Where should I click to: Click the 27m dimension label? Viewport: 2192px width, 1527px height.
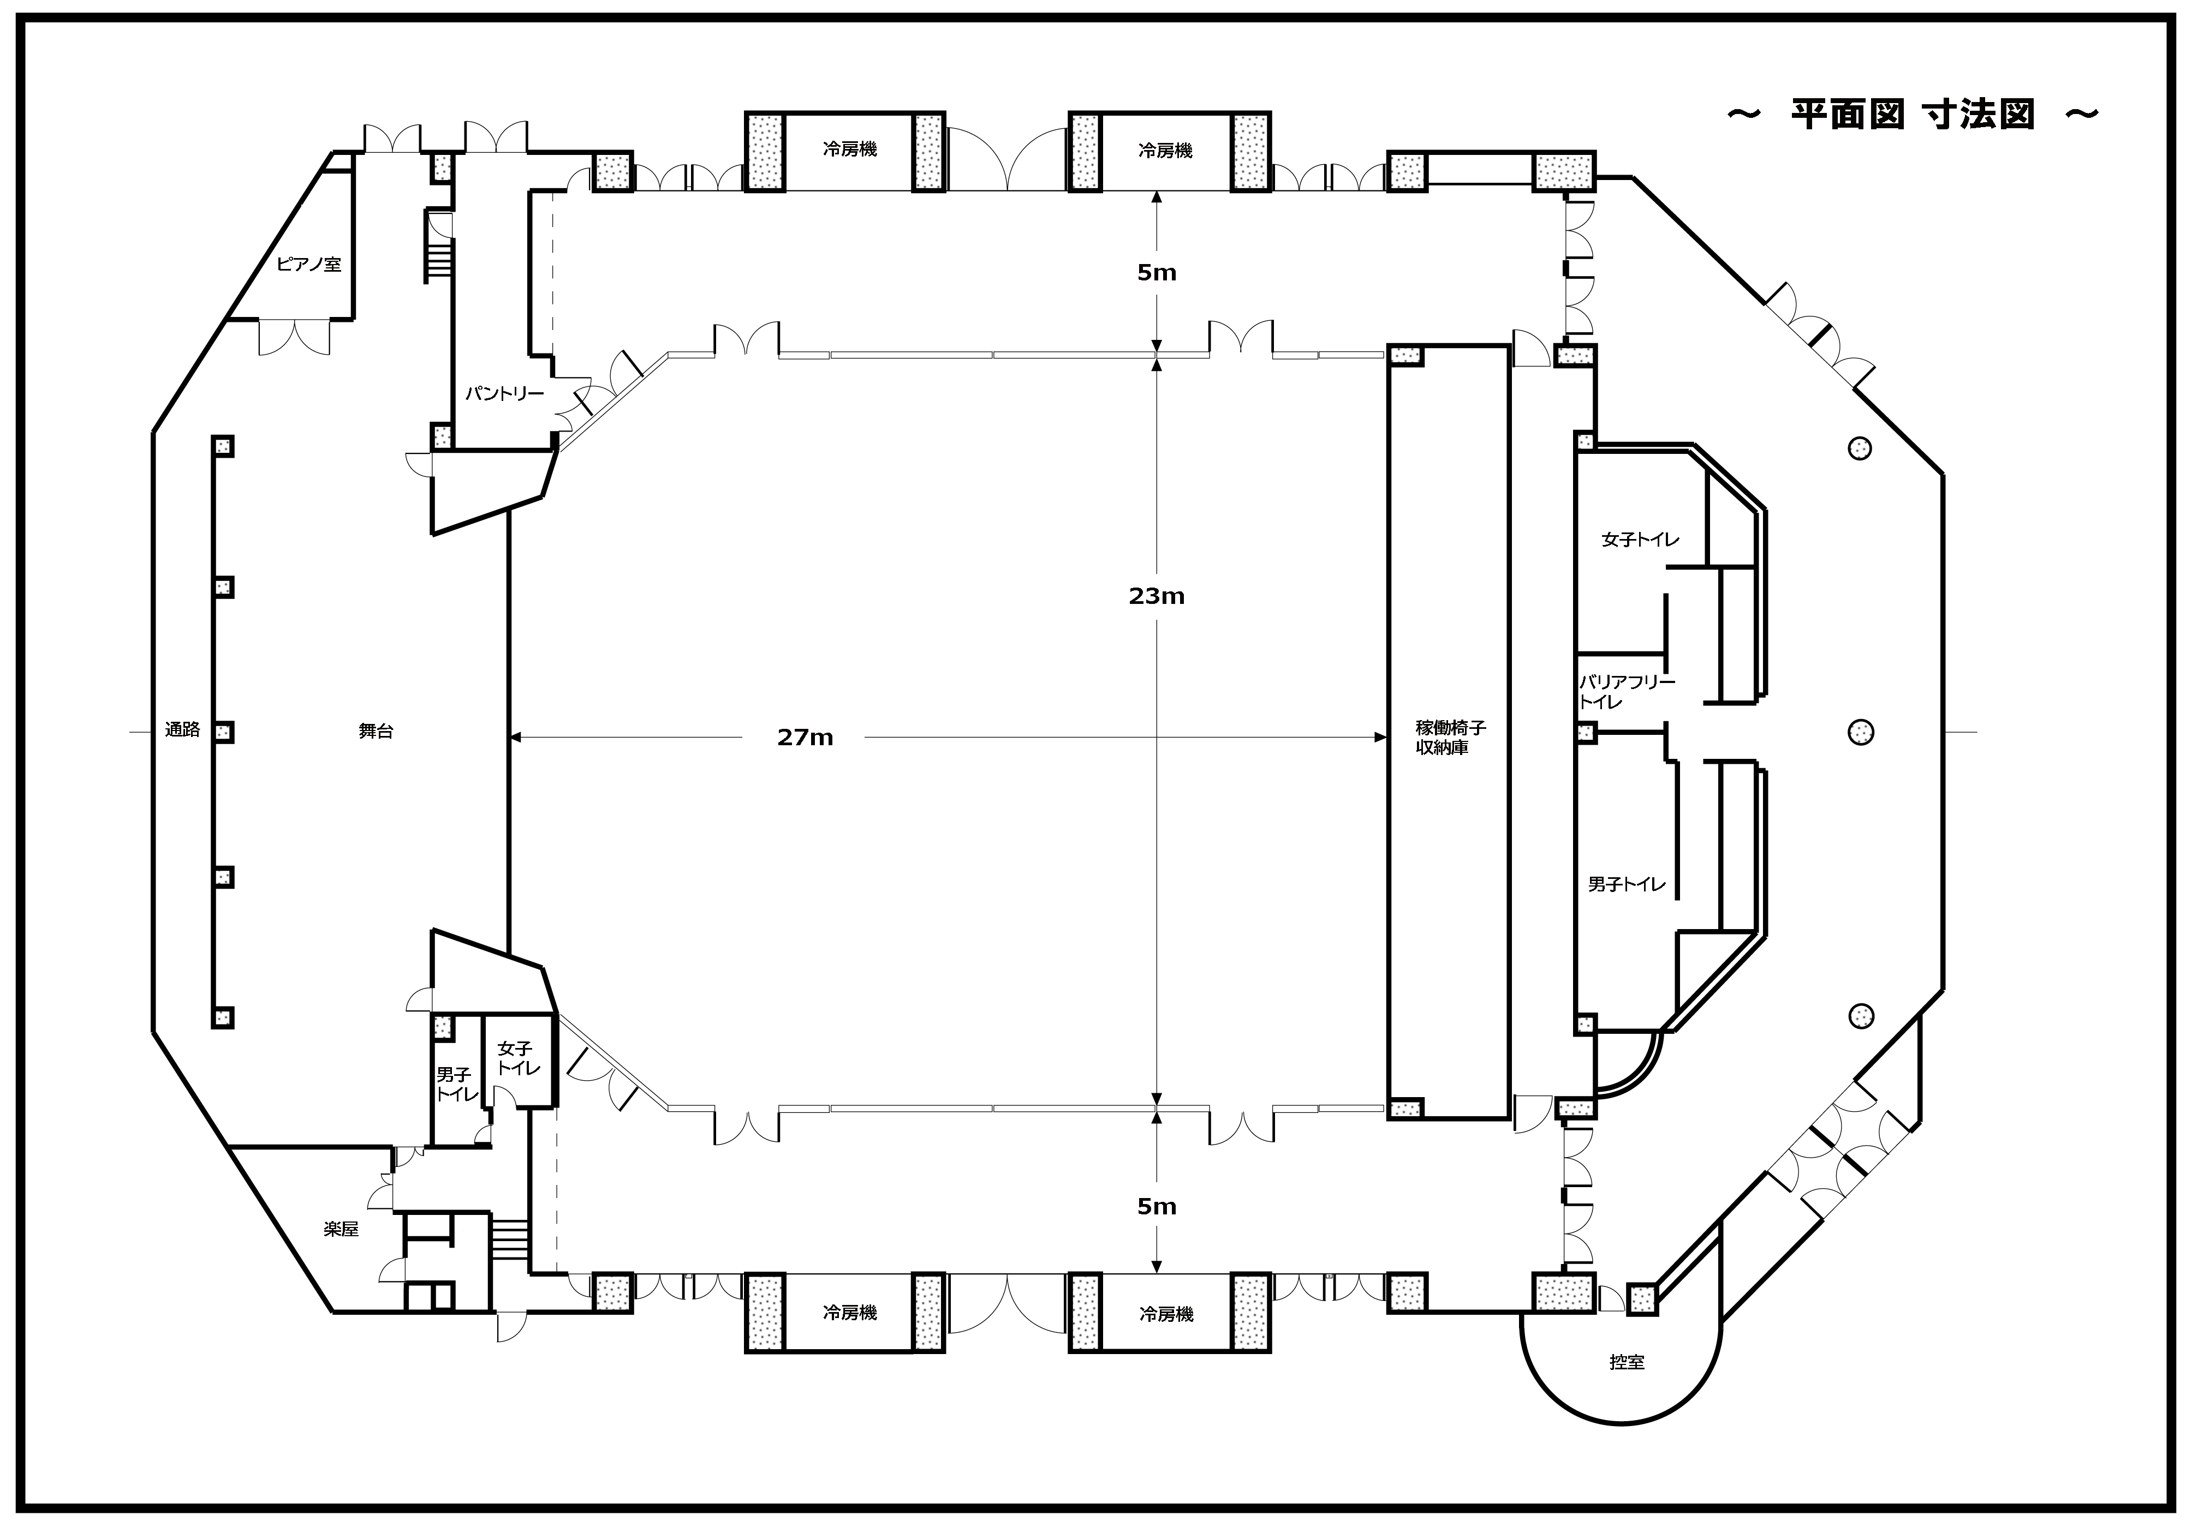[805, 738]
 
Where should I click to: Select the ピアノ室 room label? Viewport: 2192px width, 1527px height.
[308, 265]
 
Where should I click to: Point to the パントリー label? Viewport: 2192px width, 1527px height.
[504, 393]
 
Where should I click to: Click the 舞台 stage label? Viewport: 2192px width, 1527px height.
[376, 732]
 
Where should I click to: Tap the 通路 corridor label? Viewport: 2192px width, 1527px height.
[182, 730]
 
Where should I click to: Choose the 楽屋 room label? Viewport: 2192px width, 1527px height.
[341, 1229]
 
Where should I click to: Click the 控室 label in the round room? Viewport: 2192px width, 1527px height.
[1627, 1363]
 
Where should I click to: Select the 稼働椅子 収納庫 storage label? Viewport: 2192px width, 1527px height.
[1450, 738]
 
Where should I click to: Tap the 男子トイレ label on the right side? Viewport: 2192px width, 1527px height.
[1627, 885]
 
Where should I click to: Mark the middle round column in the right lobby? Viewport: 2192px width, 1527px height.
[1861, 732]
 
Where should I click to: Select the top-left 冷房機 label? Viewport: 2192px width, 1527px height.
[850, 150]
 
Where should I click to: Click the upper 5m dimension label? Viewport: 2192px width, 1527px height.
[1156, 273]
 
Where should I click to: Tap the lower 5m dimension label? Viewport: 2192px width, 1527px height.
[1156, 1206]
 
